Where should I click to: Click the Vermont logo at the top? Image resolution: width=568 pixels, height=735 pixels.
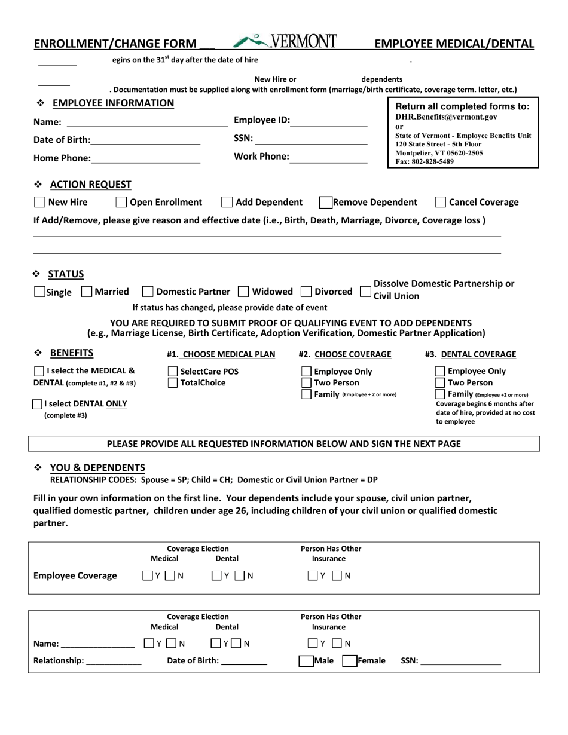[285, 41]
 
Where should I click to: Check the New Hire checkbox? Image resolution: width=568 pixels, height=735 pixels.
[39, 203]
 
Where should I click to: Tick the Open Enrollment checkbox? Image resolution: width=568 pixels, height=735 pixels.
[121, 203]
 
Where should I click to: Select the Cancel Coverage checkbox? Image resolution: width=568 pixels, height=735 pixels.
[441, 203]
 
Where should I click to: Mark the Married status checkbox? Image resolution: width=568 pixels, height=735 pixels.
[86, 292]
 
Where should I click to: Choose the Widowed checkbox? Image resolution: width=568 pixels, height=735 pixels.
[243, 292]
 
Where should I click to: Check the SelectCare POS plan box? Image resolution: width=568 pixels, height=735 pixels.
[173, 372]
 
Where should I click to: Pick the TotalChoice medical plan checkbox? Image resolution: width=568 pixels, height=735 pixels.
[173, 382]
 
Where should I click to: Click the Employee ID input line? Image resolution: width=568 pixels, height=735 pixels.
[329, 121]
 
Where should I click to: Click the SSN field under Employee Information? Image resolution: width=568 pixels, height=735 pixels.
[311, 140]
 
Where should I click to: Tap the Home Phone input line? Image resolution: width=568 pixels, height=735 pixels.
[146, 158]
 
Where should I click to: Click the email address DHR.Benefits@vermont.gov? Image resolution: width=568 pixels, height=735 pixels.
[446, 118]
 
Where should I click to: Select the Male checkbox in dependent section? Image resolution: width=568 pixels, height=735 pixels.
[306, 661]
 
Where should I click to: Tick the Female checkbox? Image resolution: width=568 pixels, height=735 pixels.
[349, 661]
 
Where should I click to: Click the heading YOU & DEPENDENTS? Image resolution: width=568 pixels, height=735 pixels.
[97, 467]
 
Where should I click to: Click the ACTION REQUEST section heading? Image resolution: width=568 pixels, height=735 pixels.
[91, 184]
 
